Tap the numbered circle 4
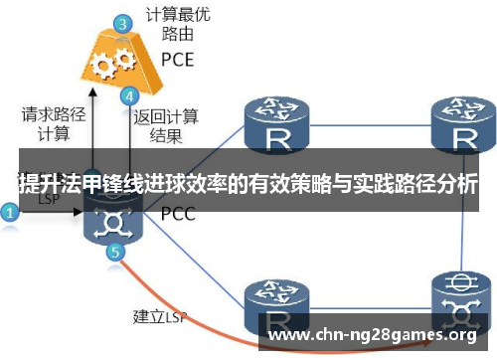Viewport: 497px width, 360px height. [x=129, y=96]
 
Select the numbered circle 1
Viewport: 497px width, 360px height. [x=9, y=212]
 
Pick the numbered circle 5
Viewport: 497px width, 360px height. [x=116, y=253]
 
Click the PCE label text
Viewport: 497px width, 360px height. [x=178, y=57]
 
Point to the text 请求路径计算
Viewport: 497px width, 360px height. [x=46, y=124]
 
